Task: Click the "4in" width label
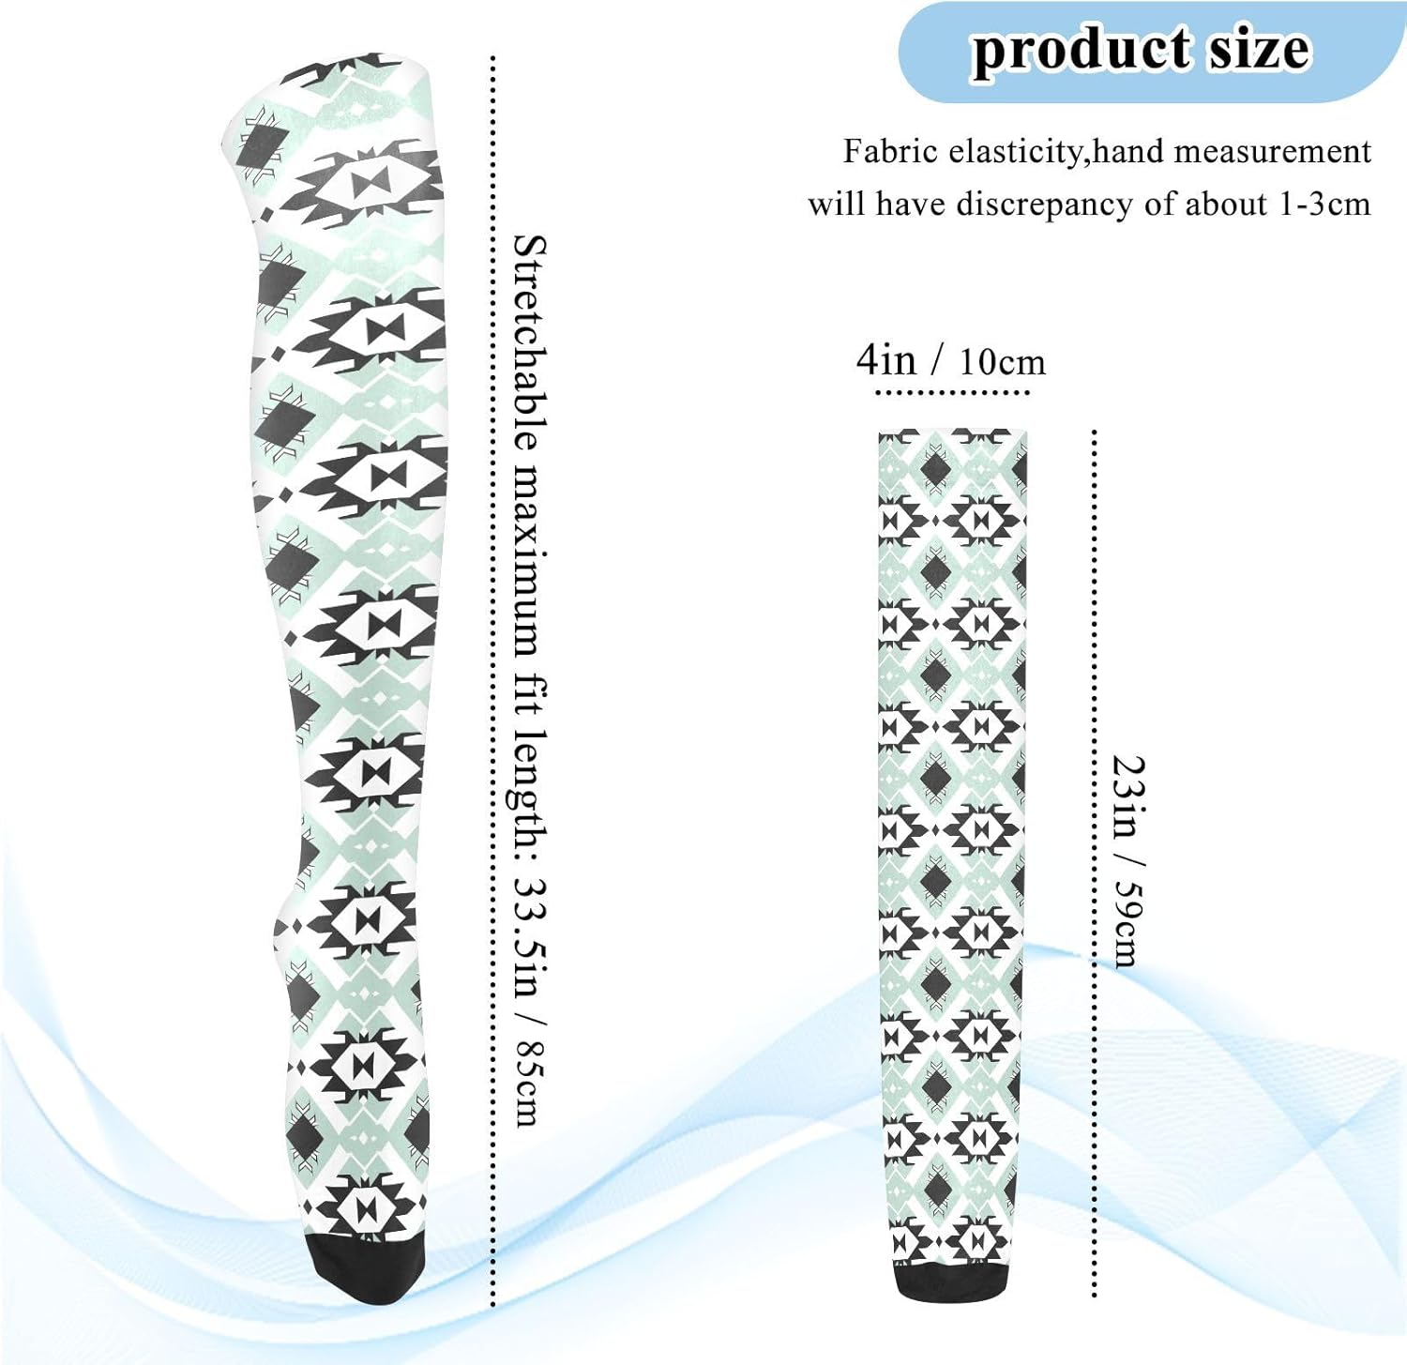pos(885,359)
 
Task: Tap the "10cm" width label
pos(1002,362)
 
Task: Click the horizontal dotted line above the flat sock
pos(952,392)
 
